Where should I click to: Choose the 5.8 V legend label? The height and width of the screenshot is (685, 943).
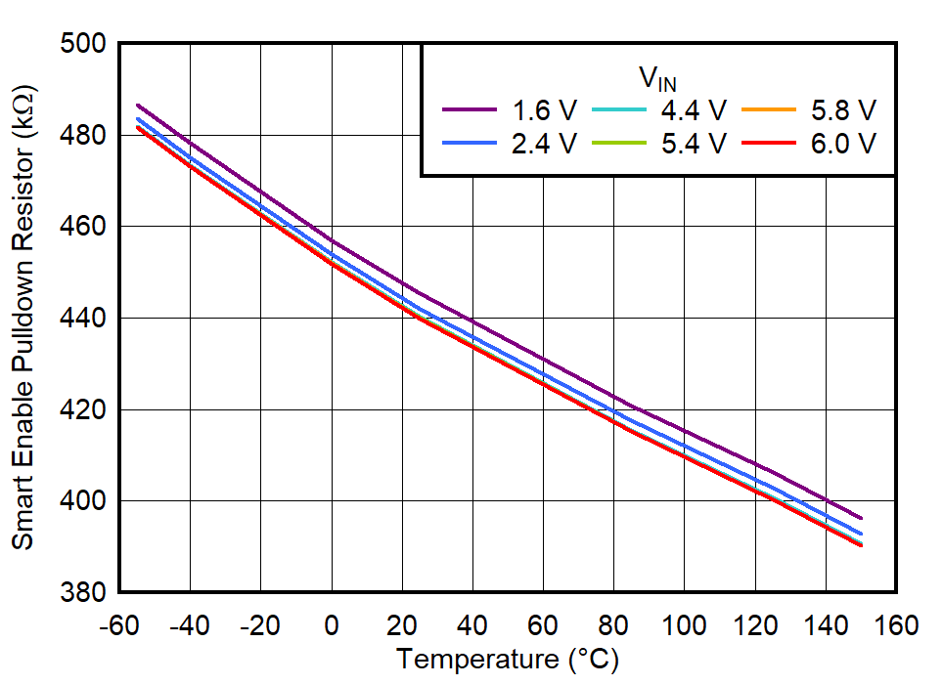(x=841, y=109)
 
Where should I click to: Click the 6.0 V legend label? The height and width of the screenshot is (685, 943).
(x=841, y=143)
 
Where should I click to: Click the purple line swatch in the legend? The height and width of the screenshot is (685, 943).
(x=470, y=109)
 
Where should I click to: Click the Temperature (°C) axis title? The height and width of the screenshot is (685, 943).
(x=507, y=661)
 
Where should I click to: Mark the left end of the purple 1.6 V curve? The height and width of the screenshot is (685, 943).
(x=138, y=105)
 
